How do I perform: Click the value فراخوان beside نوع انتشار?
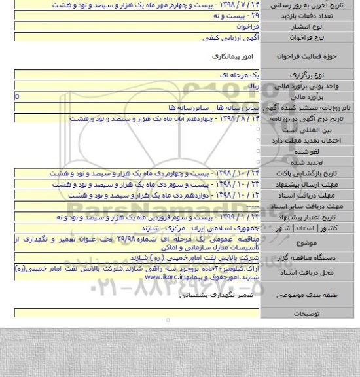point(246,29)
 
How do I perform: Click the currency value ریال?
point(253,86)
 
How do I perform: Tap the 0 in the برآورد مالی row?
point(7,96)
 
